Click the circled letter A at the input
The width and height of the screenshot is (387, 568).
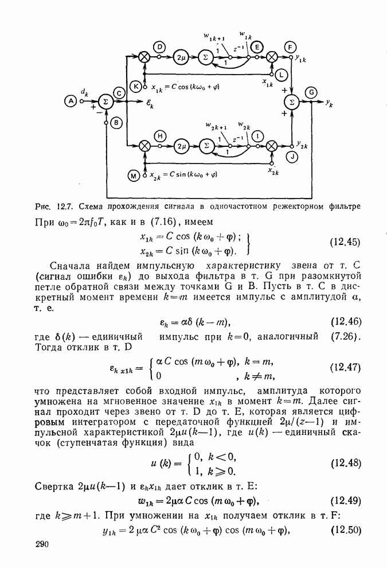point(71,101)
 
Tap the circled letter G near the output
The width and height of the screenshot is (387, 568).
point(311,92)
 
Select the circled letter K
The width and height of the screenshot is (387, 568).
point(136,86)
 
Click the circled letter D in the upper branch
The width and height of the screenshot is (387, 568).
point(159,46)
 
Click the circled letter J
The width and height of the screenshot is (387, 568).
point(293,157)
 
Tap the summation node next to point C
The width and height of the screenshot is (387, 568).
point(105,101)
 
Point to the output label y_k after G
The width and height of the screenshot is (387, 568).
point(329,104)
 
